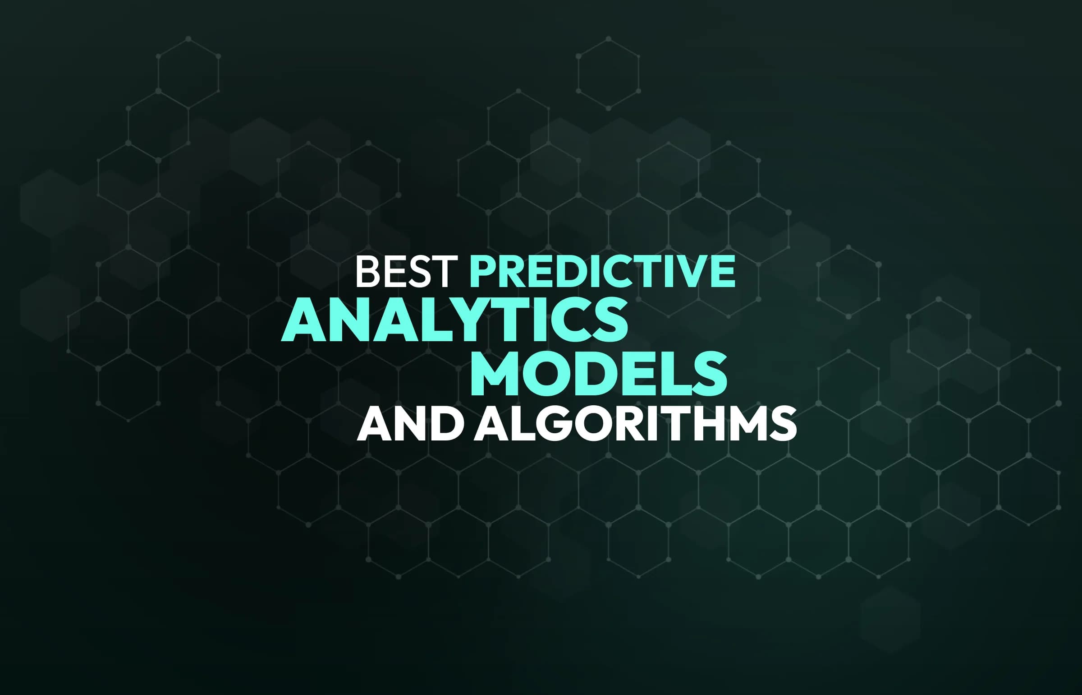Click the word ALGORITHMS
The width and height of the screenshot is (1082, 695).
coord(635,425)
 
